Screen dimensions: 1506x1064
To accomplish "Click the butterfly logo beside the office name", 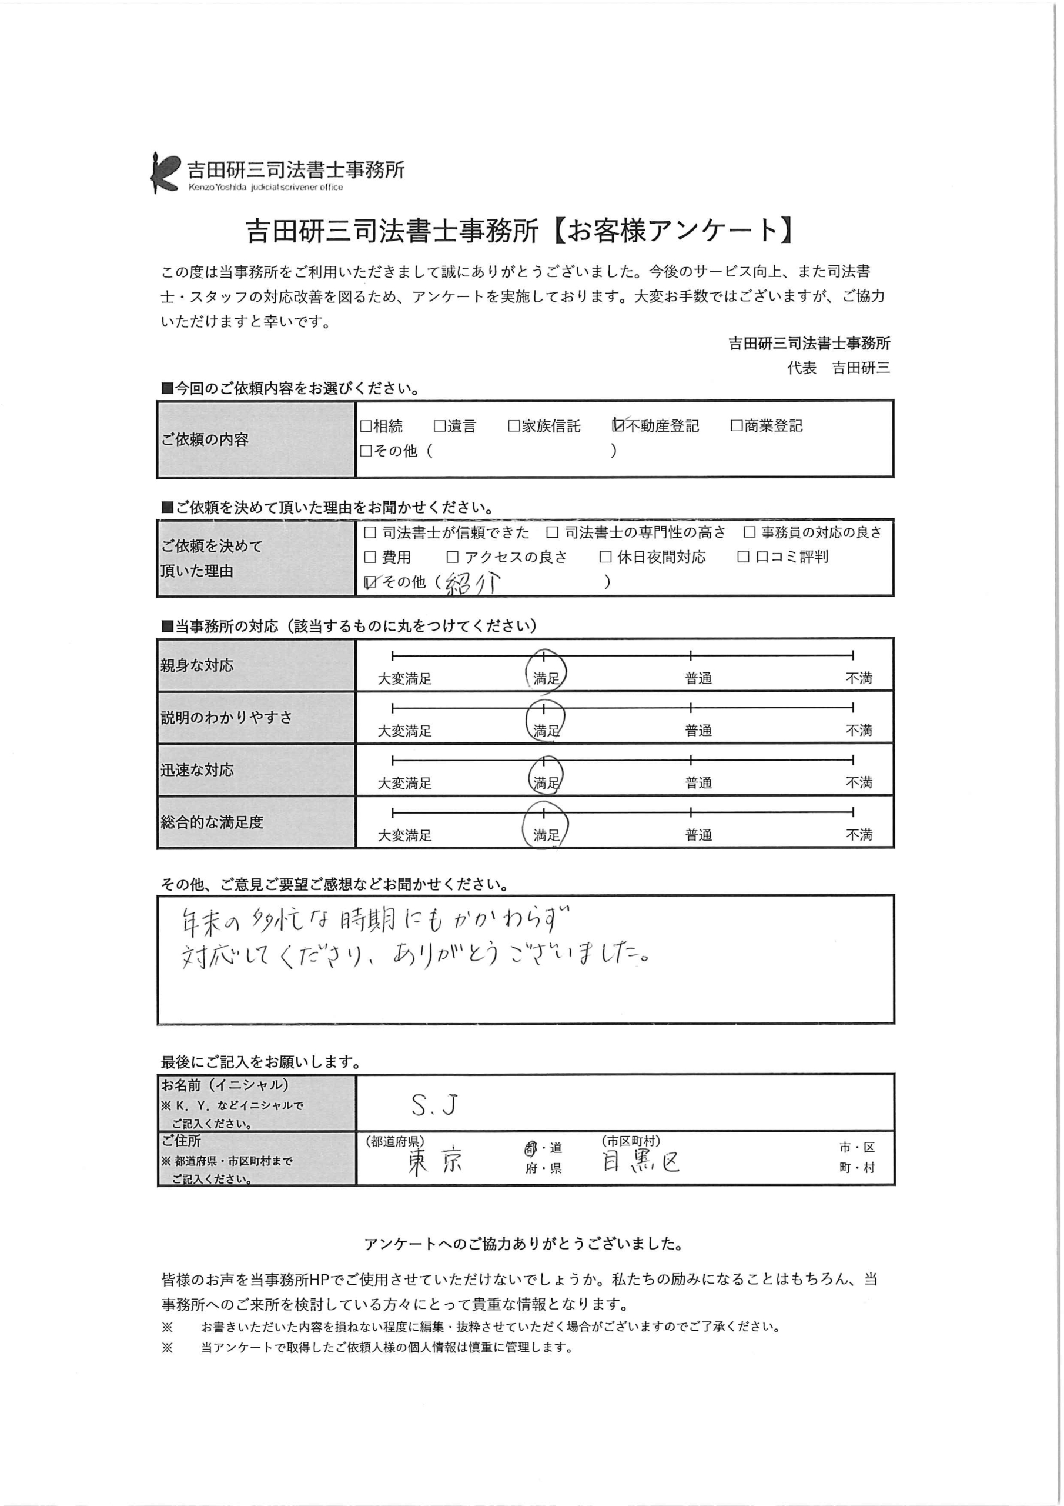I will (165, 172).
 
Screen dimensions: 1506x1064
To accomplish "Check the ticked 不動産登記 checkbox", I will (618, 426).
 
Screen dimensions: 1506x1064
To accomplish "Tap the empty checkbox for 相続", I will (365, 427).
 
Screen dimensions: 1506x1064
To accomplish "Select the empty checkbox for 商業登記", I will (736, 427).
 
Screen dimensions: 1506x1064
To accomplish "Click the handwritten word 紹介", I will (473, 582).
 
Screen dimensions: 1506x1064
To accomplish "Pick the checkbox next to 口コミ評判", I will (744, 557).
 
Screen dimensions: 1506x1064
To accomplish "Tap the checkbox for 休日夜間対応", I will (605, 557).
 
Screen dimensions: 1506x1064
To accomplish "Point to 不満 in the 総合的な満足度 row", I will (858, 835).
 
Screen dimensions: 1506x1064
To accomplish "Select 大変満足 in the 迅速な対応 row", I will (404, 783).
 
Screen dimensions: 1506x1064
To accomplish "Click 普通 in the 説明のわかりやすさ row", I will (698, 731).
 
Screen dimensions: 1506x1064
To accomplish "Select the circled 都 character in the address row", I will (530, 1148).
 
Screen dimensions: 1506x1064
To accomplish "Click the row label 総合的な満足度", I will (212, 822).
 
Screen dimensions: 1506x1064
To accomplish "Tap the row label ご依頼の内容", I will (205, 439).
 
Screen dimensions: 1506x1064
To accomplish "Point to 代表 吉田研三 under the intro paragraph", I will (838, 368).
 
